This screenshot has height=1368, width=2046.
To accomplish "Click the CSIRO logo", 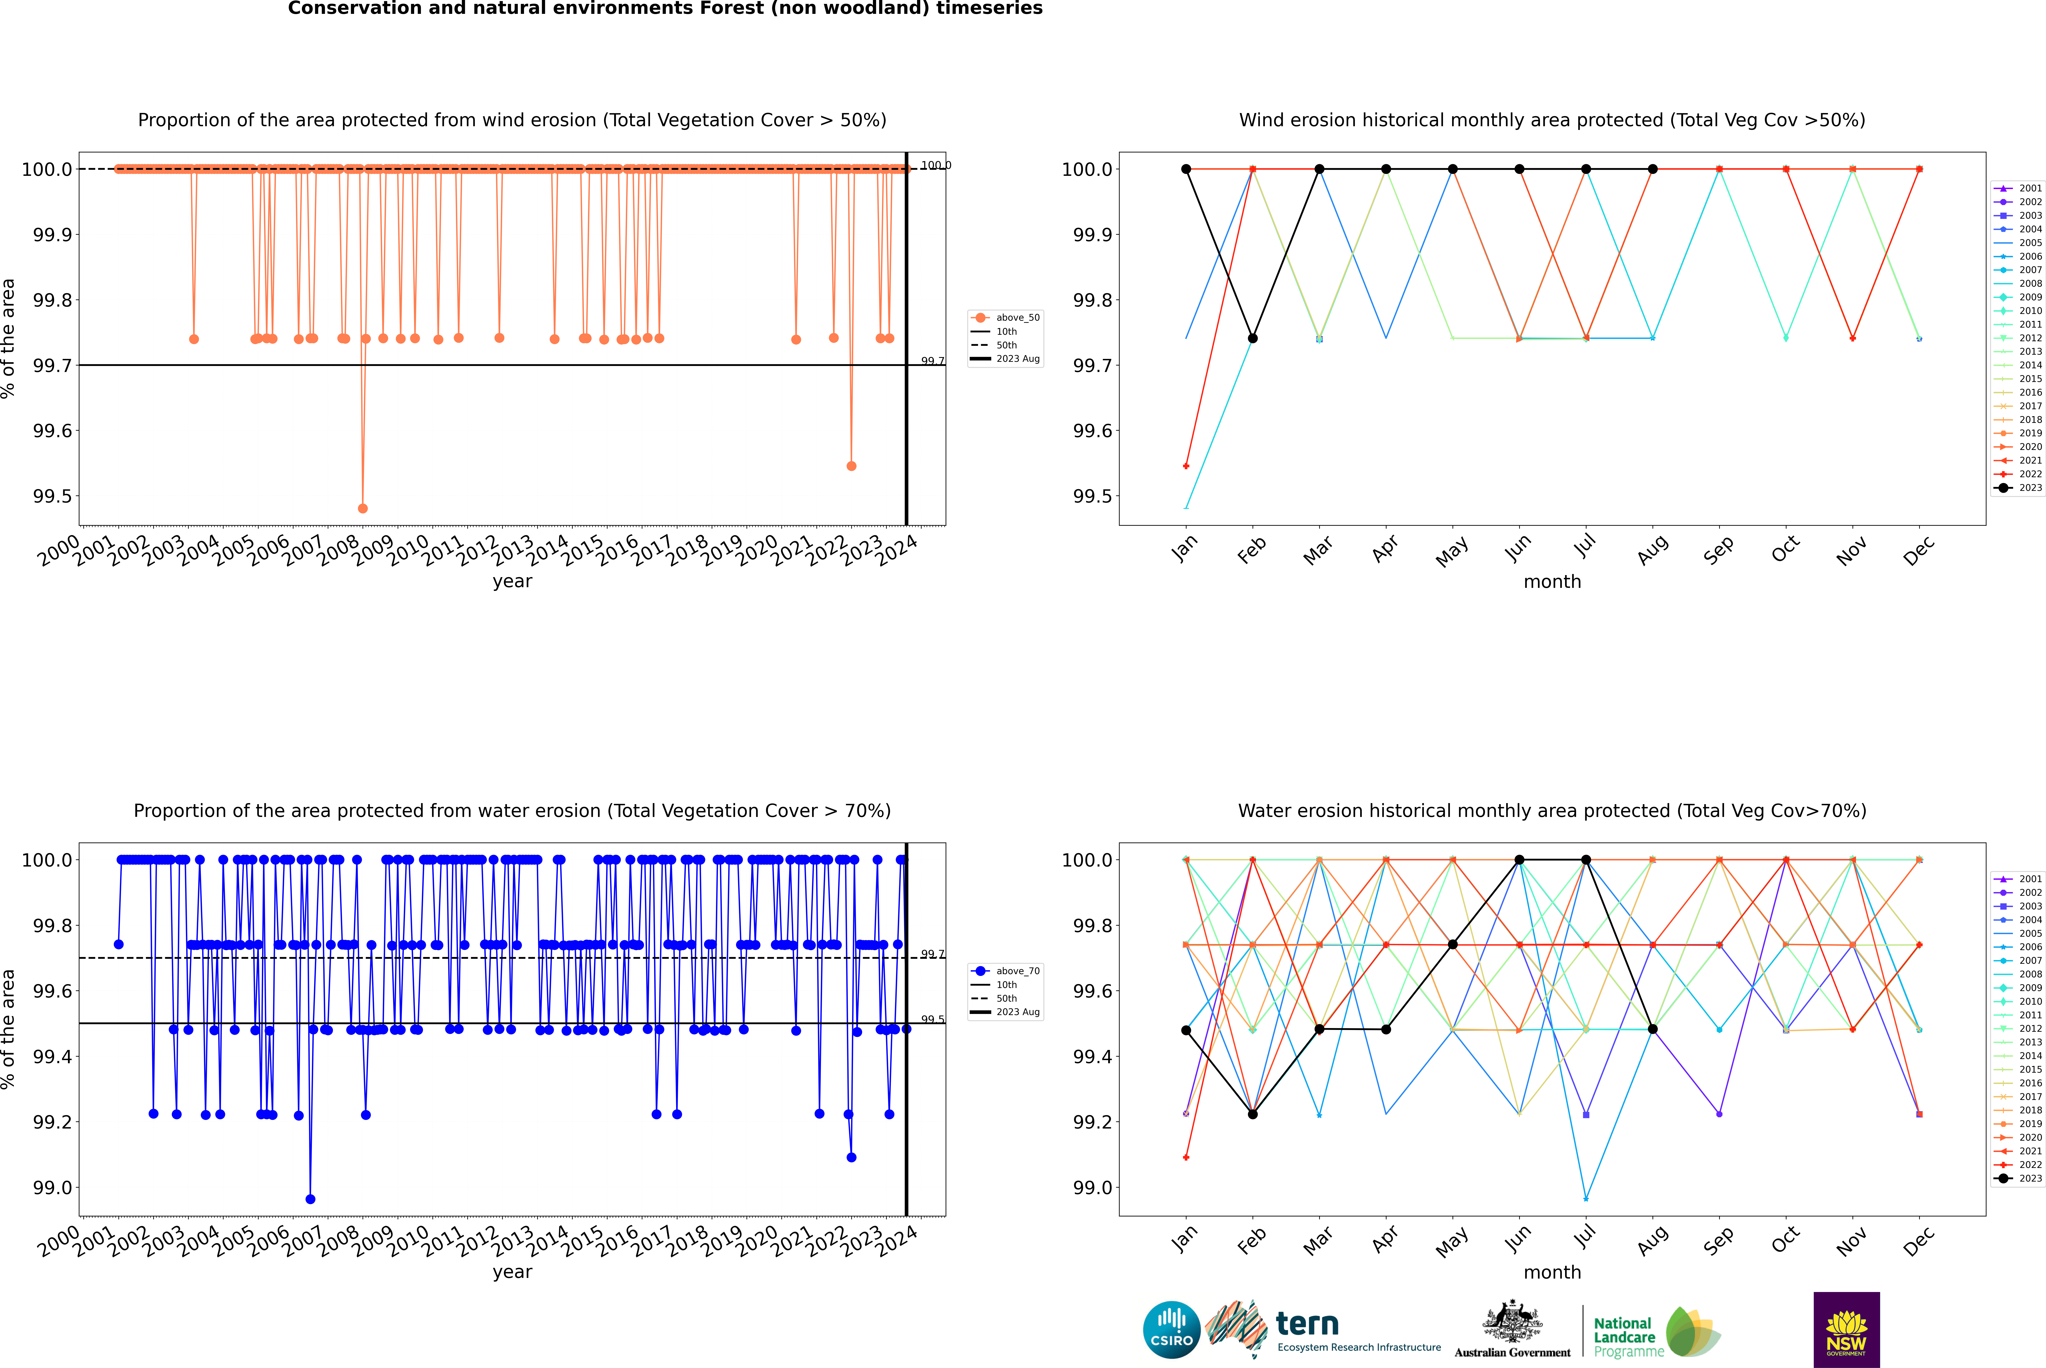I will [x=1171, y=1330].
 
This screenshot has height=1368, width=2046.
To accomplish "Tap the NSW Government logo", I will [x=1846, y=1330].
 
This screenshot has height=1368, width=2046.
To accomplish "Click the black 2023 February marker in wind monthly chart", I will [x=1252, y=338].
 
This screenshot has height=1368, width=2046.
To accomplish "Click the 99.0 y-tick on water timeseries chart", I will [x=52, y=1187].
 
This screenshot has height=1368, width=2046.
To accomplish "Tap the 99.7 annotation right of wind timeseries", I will [x=932, y=361].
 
